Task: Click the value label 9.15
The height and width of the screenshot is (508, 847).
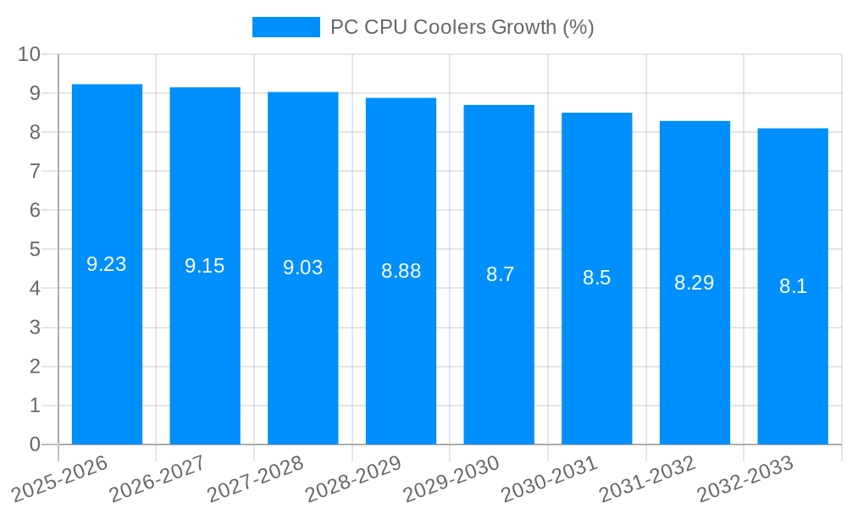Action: [205, 266]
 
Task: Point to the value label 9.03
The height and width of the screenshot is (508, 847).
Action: [303, 268]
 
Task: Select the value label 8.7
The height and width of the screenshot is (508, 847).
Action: [500, 274]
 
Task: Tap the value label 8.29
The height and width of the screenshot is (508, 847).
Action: [695, 283]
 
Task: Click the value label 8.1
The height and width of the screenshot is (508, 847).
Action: [793, 286]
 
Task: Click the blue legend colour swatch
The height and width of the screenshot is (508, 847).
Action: [286, 27]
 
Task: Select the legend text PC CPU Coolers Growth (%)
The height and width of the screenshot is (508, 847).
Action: [462, 27]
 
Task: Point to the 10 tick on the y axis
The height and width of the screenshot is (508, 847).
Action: [30, 54]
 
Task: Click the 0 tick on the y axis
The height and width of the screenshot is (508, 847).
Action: [35, 444]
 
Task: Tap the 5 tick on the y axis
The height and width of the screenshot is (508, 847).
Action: [35, 250]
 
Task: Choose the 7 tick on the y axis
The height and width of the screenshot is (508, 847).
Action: [35, 171]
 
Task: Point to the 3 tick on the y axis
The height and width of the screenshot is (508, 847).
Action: [35, 328]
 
